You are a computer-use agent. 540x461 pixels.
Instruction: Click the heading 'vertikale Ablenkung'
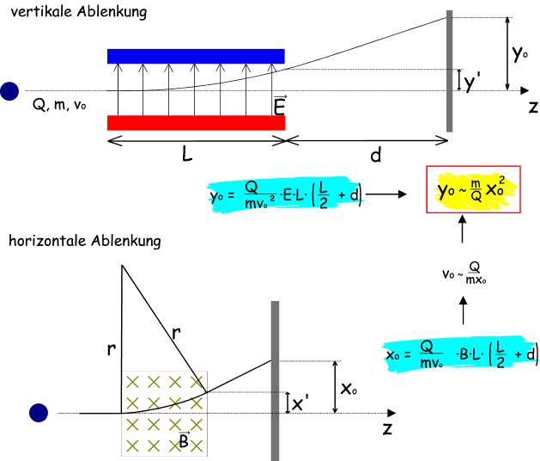(75, 13)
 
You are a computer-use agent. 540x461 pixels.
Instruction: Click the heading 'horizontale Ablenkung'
(83, 242)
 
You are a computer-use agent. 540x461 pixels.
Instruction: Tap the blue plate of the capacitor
(196, 56)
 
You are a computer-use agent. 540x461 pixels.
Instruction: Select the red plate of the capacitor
(196, 122)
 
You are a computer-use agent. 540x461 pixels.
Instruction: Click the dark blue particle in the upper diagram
(9, 90)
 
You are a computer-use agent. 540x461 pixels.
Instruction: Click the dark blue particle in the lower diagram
(38, 413)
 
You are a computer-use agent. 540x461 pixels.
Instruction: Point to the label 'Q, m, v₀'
(59, 105)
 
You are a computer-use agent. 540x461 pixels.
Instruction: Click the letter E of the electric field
(278, 105)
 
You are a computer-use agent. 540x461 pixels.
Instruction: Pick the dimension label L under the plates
(187, 155)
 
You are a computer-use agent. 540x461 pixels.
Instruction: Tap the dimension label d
(375, 156)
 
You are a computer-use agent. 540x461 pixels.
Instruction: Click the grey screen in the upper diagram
(449, 72)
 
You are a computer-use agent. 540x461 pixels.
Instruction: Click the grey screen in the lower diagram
(275, 378)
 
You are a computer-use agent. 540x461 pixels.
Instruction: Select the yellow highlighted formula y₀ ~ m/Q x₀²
(473, 191)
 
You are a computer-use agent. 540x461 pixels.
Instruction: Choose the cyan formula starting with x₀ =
(462, 353)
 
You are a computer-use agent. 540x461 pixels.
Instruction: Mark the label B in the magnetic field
(183, 440)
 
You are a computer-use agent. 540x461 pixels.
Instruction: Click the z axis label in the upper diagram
(533, 108)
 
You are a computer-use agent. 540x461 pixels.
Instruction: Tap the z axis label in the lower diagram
(388, 427)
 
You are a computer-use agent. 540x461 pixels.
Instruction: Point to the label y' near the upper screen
(472, 83)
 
